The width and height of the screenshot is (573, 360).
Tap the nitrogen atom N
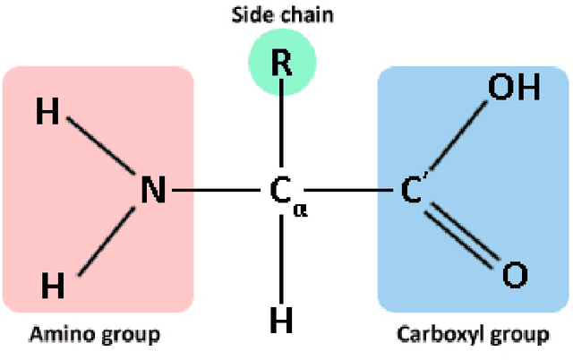(x=153, y=190)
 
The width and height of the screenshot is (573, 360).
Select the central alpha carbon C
(x=279, y=190)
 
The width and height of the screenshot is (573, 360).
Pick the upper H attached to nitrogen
(x=48, y=114)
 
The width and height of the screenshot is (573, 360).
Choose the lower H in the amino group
(x=54, y=286)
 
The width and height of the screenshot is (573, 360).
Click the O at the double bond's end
(x=513, y=276)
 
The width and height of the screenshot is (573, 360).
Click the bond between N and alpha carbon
(x=215, y=190)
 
